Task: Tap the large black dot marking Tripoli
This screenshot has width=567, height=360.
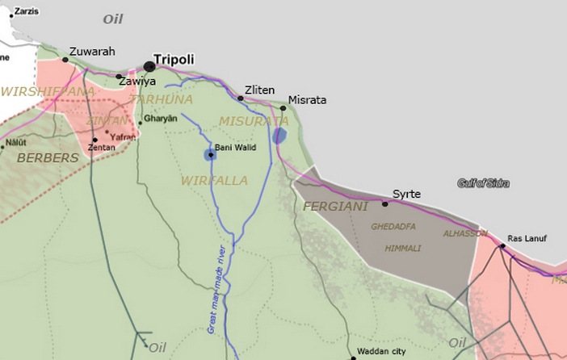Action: (x=149, y=66)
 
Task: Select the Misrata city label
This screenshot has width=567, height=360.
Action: (x=308, y=100)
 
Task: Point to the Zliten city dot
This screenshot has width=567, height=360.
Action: (x=241, y=98)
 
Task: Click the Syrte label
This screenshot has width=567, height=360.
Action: (x=406, y=194)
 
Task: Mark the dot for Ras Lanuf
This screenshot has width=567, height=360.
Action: (x=502, y=246)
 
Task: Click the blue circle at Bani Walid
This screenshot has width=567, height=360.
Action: (x=210, y=154)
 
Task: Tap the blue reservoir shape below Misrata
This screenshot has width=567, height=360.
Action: (x=279, y=136)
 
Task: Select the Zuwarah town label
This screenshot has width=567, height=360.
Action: (x=92, y=52)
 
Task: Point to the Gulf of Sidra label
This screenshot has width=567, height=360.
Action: (x=483, y=183)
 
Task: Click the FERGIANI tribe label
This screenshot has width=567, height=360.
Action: (x=335, y=207)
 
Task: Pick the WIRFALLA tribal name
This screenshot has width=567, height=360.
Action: (x=214, y=180)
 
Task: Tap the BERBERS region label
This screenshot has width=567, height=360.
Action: (x=48, y=158)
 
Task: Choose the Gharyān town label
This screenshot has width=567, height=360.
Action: (x=161, y=118)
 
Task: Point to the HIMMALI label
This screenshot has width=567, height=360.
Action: (x=402, y=248)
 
